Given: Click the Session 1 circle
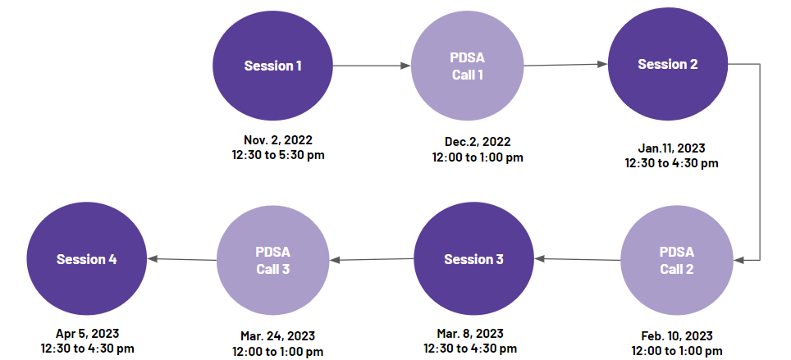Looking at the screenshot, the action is click(273, 66).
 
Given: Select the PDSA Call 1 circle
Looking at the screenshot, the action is click(467, 66).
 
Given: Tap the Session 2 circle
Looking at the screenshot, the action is click(667, 65).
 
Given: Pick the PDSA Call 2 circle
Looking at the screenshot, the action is click(676, 260).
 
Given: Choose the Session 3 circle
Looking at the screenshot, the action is click(473, 259).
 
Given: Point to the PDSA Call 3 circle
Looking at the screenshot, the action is click(273, 260).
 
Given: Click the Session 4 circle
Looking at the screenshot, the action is click(87, 259).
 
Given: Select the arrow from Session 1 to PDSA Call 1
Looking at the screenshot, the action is click(372, 66).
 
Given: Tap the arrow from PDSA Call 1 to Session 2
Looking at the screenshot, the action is click(565, 65).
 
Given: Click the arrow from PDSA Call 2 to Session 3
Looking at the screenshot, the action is click(577, 260).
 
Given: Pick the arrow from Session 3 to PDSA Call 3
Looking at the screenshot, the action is click(372, 260).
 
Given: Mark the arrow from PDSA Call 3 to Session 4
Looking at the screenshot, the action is click(182, 260).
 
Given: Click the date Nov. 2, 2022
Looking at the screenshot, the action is click(278, 139).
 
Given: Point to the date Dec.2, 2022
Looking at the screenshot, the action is click(478, 142).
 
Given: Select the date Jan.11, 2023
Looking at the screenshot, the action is click(671, 148).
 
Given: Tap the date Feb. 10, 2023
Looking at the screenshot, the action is click(676, 335).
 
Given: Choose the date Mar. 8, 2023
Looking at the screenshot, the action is click(469, 333).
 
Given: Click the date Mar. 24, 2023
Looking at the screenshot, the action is click(277, 335).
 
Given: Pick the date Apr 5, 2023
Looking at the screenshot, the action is click(87, 333).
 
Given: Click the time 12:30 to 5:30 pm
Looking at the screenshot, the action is click(278, 155).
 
